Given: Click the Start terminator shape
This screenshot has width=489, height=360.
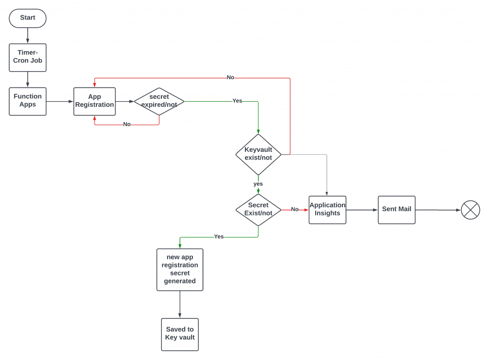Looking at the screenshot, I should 28,18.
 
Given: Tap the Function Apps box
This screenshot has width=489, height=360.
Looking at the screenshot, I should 28,101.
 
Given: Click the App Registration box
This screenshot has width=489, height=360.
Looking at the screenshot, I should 95,101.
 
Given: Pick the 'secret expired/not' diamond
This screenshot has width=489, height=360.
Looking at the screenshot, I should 159,101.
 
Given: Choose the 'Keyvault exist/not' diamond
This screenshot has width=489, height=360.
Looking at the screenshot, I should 258,154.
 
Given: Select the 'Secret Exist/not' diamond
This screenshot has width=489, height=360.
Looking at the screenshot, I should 258,210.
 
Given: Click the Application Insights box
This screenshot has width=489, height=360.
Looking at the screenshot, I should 328,210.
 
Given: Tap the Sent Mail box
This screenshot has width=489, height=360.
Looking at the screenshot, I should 397,210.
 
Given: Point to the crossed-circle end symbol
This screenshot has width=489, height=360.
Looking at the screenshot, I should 470,210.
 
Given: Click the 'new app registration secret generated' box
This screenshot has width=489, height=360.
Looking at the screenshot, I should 180,269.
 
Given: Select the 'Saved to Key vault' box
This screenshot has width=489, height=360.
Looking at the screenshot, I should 180,334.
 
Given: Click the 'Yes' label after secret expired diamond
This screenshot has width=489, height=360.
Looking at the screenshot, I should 237,101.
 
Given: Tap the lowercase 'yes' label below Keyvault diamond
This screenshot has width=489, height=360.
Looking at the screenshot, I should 258,184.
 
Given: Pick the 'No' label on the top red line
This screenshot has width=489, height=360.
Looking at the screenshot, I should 230,77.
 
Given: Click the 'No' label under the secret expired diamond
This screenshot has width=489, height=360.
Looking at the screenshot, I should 127,124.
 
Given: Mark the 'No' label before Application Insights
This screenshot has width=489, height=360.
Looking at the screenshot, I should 295,209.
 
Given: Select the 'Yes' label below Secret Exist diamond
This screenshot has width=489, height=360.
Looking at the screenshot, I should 219,236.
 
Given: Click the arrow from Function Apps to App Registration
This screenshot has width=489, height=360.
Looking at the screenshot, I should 60,101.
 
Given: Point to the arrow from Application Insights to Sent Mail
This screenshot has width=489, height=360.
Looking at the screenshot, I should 361,210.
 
